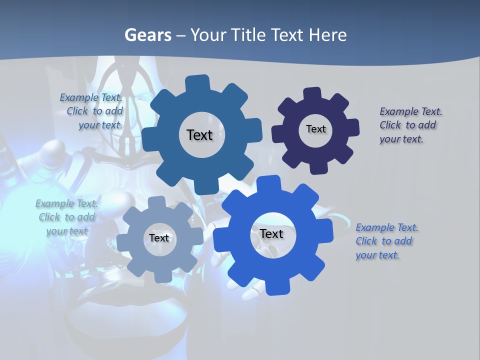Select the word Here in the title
[x=328, y=35]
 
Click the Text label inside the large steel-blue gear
[x=199, y=135]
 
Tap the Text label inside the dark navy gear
[x=315, y=129]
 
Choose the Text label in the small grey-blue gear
[x=159, y=238]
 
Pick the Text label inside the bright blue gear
[x=271, y=233]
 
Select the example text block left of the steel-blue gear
[x=92, y=111]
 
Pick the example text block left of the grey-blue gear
[x=66, y=217]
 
